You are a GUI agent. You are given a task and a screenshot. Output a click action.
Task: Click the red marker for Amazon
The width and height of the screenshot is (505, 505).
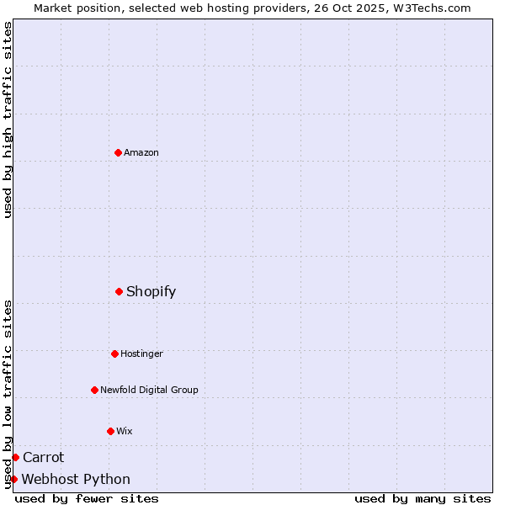click(118, 152)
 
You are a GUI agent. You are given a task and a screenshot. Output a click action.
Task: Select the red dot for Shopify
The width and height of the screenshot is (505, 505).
click(119, 291)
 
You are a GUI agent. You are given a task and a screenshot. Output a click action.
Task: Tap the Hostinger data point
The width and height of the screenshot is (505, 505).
click(114, 353)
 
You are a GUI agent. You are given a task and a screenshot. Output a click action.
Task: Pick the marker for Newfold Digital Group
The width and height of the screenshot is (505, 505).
click(94, 390)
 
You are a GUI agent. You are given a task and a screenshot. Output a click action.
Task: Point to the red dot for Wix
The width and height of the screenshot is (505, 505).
click(110, 431)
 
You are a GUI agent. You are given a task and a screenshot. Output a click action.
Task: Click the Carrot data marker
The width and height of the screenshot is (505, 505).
click(15, 457)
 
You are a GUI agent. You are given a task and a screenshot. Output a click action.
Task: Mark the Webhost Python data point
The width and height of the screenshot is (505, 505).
click(13, 479)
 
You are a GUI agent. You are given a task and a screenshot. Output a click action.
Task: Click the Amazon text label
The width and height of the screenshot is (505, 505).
click(141, 152)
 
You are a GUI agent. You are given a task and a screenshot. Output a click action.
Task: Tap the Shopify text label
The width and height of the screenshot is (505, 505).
click(151, 291)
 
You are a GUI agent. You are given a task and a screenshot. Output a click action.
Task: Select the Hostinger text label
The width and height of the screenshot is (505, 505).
click(141, 353)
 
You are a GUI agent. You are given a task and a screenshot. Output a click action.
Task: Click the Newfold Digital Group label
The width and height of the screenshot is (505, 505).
click(149, 390)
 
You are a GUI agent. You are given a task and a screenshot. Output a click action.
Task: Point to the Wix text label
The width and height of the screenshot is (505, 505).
click(124, 431)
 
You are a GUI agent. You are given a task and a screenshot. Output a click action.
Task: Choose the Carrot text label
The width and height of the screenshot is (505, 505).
click(43, 457)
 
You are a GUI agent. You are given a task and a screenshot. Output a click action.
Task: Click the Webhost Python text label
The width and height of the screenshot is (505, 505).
click(76, 479)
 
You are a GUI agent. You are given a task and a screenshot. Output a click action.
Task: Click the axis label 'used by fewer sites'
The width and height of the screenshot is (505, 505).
click(87, 498)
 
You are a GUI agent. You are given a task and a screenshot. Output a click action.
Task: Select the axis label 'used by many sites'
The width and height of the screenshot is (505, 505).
click(423, 498)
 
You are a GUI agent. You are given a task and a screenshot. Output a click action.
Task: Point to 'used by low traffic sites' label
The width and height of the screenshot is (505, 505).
click(8, 393)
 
